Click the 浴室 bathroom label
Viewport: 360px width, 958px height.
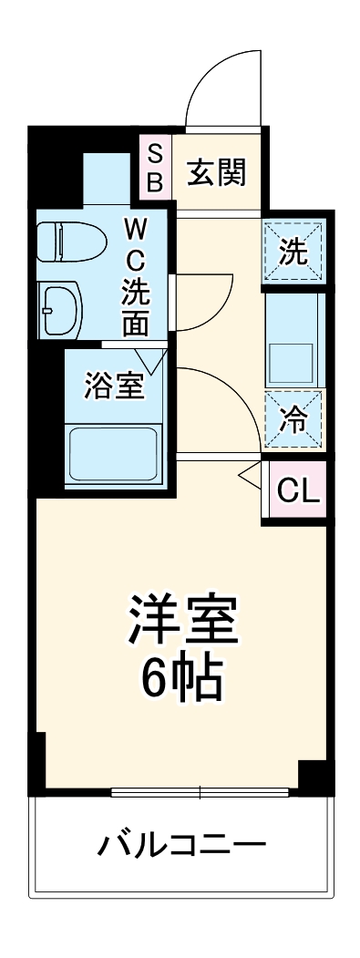pyautogui.click(x=115, y=386)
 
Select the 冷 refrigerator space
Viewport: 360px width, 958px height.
pyautogui.click(x=293, y=419)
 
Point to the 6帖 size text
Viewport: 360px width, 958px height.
pyautogui.click(x=183, y=678)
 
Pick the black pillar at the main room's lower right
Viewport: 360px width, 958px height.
pyautogui.click(x=314, y=776)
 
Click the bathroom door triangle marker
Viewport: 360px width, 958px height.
pyautogui.click(x=152, y=360)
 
